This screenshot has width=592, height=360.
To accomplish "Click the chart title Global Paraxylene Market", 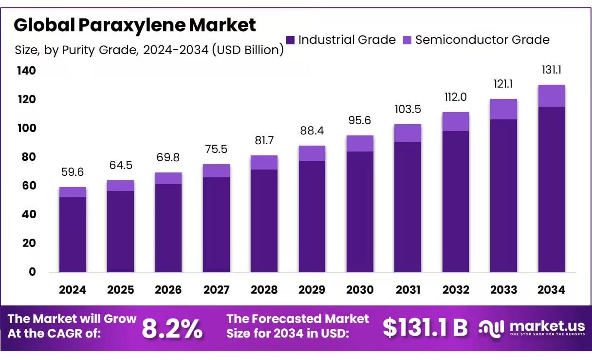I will (134, 25).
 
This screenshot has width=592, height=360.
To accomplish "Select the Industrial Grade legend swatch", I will (291, 40).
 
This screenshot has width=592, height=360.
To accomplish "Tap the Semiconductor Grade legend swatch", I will (407, 40).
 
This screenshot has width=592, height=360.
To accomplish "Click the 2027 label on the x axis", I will (216, 290).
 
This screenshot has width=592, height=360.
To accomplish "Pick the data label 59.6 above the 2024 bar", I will (73, 172).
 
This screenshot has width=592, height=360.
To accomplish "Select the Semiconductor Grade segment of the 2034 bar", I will (551, 96).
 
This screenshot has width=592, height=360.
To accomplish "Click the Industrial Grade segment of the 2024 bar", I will (73, 234).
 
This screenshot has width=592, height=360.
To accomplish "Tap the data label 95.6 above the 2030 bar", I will (360, 120).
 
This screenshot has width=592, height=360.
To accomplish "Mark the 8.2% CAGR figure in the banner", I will (172, 329).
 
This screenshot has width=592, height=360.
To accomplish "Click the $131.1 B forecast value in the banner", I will (425, 328).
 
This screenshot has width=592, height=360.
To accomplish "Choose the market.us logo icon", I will (491, 328).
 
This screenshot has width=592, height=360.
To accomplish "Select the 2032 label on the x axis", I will (456, 290).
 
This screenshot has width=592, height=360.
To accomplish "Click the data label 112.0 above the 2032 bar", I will (456, 97).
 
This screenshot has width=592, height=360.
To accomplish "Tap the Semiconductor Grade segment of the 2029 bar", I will (312, 153).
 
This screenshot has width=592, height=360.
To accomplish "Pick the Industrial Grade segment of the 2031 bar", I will (408, 207).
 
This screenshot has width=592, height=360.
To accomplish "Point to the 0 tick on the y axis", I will (32, 272).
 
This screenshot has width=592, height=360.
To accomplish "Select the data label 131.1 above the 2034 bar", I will (552, 70).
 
